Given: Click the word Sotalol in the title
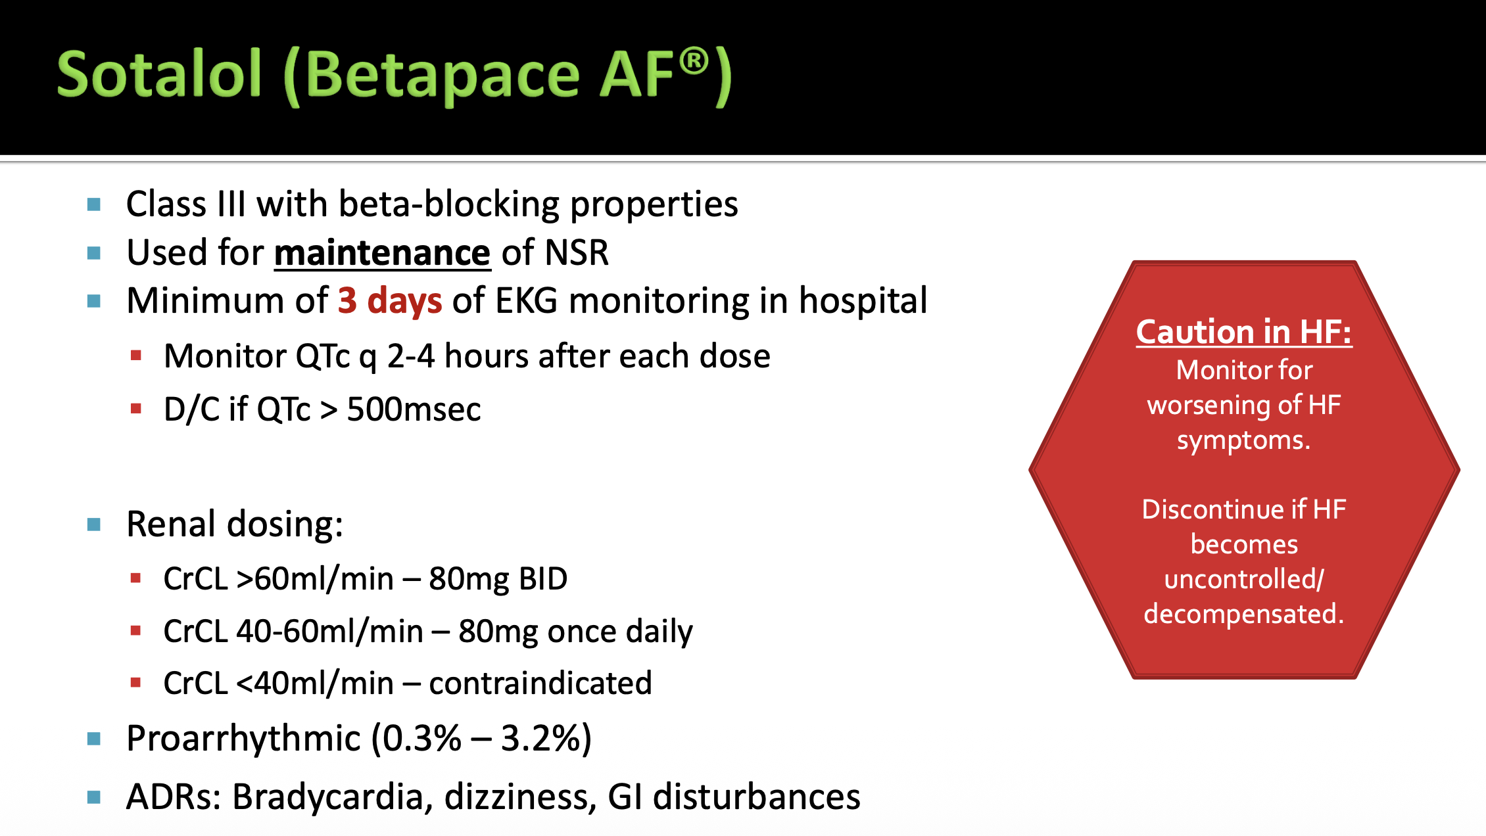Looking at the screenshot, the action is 160,74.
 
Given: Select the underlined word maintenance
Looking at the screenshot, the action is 382,253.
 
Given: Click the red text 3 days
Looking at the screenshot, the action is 390,301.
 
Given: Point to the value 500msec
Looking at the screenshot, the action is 414,409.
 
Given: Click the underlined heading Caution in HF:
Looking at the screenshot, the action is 1244,331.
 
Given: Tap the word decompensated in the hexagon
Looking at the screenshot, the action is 1244,614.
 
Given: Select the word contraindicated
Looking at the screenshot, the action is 540,683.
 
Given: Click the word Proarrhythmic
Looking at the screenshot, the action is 243,739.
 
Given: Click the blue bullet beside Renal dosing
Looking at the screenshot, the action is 94,524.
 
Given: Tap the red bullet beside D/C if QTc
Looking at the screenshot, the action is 136,409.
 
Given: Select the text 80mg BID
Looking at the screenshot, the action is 498,579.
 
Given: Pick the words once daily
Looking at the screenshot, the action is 620,632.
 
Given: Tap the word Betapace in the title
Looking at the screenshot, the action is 442,75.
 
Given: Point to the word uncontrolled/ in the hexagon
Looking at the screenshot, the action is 1244,579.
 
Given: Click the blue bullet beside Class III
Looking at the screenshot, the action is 94,205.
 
